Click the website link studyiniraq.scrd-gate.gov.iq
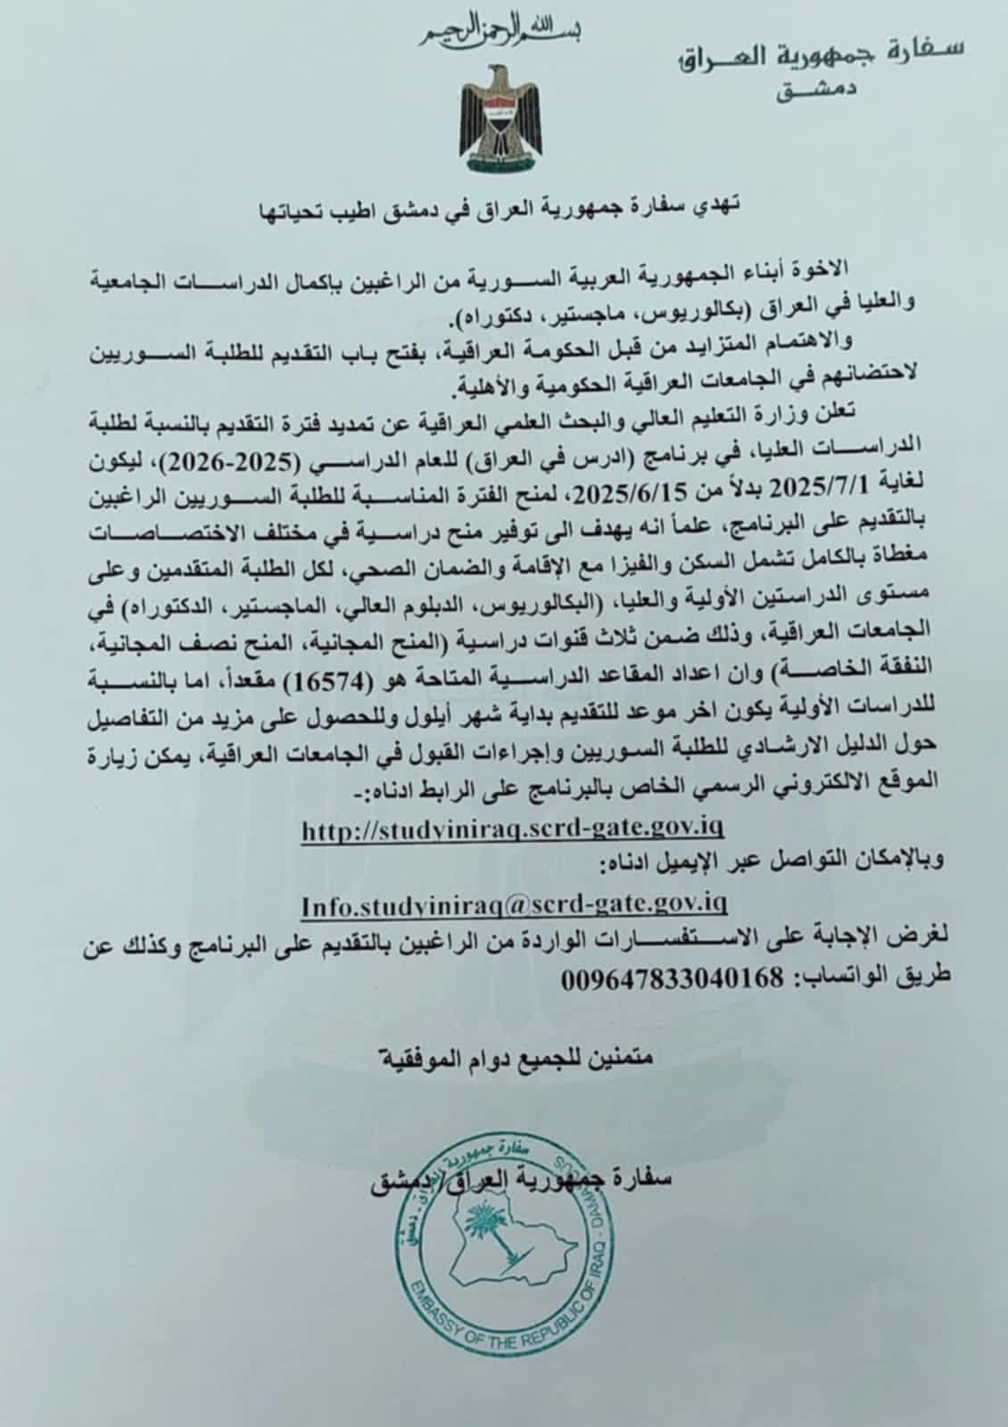513,828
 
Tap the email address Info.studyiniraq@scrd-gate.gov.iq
515,905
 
